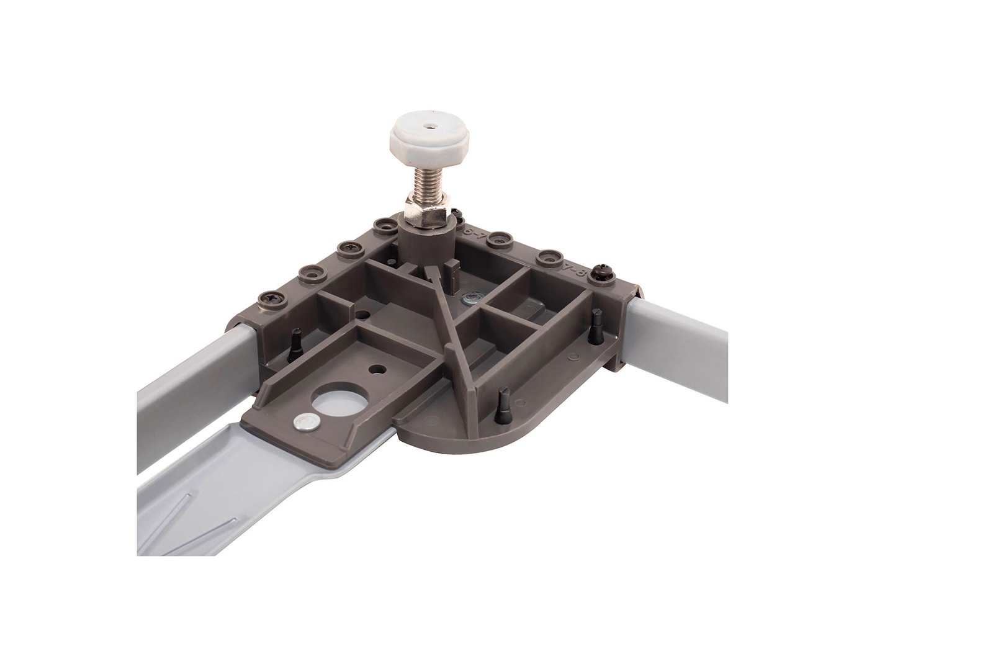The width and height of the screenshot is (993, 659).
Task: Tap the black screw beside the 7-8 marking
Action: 601,272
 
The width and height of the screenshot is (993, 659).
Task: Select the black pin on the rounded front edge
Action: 503,403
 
